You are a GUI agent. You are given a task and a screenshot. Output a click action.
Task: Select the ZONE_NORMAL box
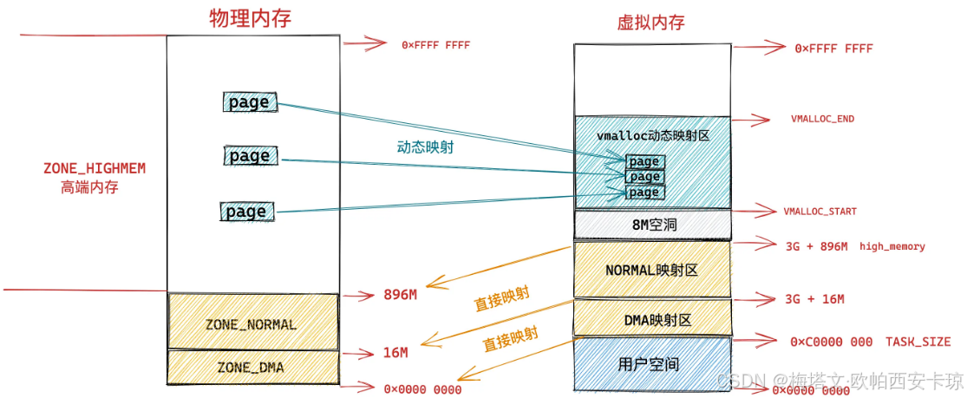[x=252, y=324]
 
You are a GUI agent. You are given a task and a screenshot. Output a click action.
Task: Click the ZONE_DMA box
[x=252, y=367]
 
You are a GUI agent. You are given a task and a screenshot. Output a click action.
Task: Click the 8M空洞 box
[x=651, y=225]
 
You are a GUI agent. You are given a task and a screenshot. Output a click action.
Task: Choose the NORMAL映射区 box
[x=651, y=270]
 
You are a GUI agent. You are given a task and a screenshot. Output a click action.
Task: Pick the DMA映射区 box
[x=651, y=320]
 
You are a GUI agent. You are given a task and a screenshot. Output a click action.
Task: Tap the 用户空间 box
[x=651, y=364]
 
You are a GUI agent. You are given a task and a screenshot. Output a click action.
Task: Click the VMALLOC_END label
[x=823, y=118]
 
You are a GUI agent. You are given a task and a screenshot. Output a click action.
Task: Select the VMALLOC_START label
[x=820, y=211]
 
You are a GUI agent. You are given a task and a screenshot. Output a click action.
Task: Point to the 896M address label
[x=400, y=295]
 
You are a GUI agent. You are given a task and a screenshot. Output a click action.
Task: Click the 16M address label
[x=395, y=353]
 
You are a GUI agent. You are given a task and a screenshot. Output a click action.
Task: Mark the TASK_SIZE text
[x=918, y=342]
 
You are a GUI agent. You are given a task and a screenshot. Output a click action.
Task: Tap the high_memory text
[x=892, y=247]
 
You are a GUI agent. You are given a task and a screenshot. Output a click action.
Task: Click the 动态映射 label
[x=420, y=147]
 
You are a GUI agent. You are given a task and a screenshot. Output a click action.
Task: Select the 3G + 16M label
[x=814, y=299]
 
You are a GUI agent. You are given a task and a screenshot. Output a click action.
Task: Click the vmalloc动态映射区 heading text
[x=651, y=137]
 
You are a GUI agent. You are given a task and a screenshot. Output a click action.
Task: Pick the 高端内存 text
[x=88, y=186]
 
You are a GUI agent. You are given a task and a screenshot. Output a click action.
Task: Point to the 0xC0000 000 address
[x=831, y=342]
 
